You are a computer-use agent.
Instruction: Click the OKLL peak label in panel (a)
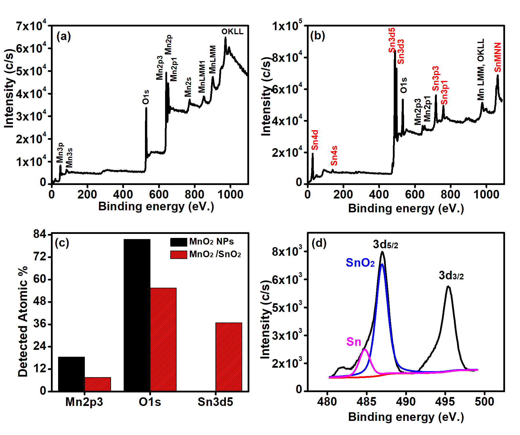pyautogui.click(x=232, y=32)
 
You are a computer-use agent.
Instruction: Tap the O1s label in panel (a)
pyautogui.click(x=146, y=97)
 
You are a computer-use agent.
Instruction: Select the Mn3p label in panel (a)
pyautogui.click(x=60, y=153)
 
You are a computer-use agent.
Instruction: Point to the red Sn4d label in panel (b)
pyautogui.click(x=315, y=140)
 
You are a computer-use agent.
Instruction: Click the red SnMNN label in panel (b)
pyautogui.click(x=498, y=58)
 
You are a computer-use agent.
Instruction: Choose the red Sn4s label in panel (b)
pyautogui.click(x=334, y=156)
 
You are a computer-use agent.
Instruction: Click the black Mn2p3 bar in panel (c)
pyautogui.click(x=71, y=374)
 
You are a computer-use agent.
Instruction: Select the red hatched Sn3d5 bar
pyautogui.click(x=229, y=357)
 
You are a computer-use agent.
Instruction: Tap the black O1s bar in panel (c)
pyautogui.click(x=137, y=315)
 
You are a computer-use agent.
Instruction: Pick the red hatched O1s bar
pyautogui.click(x=163, y=339)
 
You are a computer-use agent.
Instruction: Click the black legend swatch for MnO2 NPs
pyautogui.click(x=179, y=242)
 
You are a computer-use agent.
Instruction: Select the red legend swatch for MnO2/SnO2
pyautogui.click(x=179, y=255)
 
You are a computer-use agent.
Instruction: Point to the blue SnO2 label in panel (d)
pyautogui.click(x=360, y=263)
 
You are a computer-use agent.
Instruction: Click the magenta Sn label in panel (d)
pyautogui.click(x=353, y=342)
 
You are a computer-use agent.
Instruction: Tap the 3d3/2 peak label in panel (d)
pyautogui.click(x=451, y=276)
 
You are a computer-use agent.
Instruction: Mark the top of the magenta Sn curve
pyautogui.click(x=365, y=349)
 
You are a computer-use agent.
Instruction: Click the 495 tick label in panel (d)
pyautogui.click(x=445, y=402)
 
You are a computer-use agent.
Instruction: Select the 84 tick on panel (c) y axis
pyautogui.click(x=40, y=234)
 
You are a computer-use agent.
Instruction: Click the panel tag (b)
pyautogui.click(x=318, y=36)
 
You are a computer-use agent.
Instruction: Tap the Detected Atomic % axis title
pyautogui.click(x=23, y=321)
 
